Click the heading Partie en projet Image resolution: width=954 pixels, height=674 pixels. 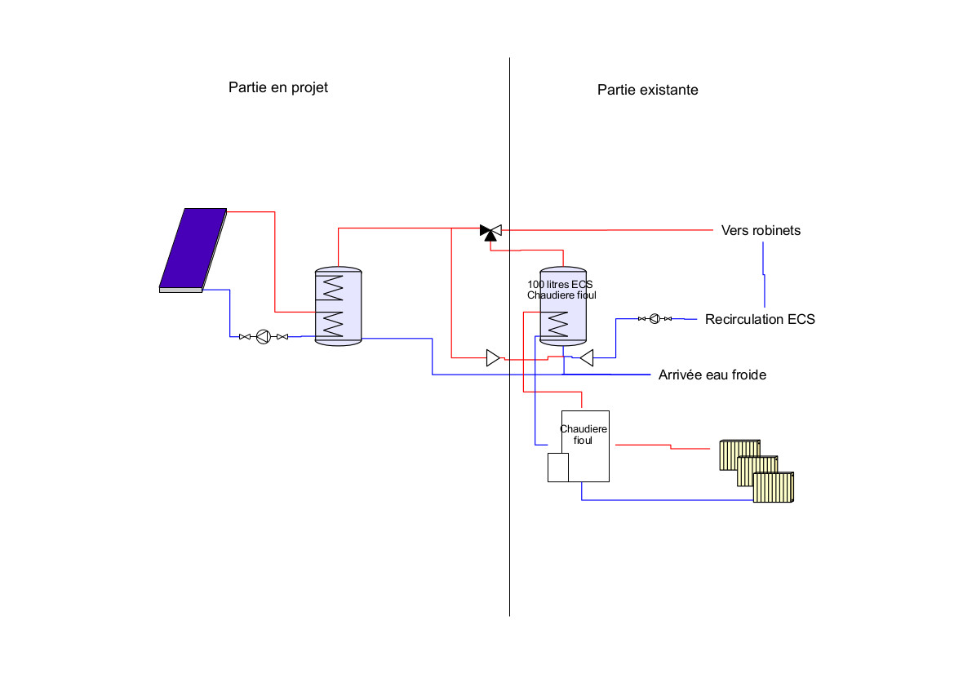click(x=278, y=87)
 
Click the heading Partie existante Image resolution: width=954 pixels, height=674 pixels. click(x=647, y=90)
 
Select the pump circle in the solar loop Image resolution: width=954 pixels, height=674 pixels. click(x=262, y=336)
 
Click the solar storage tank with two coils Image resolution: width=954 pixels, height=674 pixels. click(x=337, y=306)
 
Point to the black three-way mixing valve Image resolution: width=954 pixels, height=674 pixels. click(x=490, y=232)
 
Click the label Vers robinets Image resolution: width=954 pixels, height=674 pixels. click(x=761, y=230)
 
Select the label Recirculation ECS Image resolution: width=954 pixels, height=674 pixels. click(x=760, y=319)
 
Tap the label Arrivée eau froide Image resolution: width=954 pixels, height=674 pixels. click(x=712, y=375)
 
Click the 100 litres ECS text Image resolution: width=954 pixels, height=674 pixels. click(x=560, y=284)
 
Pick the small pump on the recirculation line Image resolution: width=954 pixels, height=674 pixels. click(x=654, y=318)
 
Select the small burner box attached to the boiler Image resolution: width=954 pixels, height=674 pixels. click(x=557, y=468)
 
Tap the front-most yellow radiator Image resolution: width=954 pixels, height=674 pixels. click(x=774, y=488)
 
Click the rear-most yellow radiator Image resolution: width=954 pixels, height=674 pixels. click(x=739, y=455)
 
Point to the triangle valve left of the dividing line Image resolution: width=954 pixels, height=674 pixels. click(x=493, y=357)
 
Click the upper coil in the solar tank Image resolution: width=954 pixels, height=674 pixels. click(x=333, y=288)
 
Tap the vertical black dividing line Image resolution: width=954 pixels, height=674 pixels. click(x=509, y=490)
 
